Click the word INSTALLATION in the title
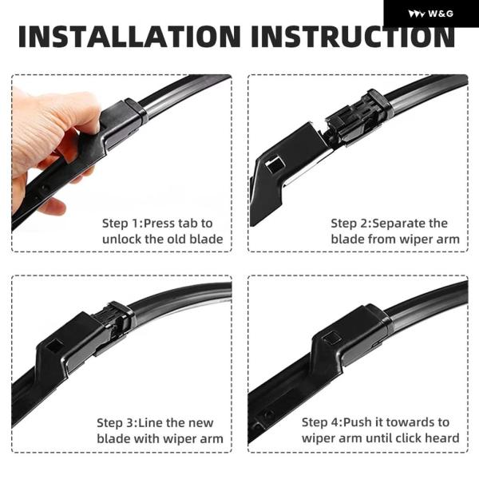[x=129, y=37]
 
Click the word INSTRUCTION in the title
[x=353, y=37]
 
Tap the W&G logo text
[x=441, y=14]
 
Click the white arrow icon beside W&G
[x=416, y=14]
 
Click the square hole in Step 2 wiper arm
[x=275, y=164]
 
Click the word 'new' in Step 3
[x=200, y=423]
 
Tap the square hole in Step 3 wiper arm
[x=55, y=344]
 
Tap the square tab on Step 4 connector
[x=332, y=338]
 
